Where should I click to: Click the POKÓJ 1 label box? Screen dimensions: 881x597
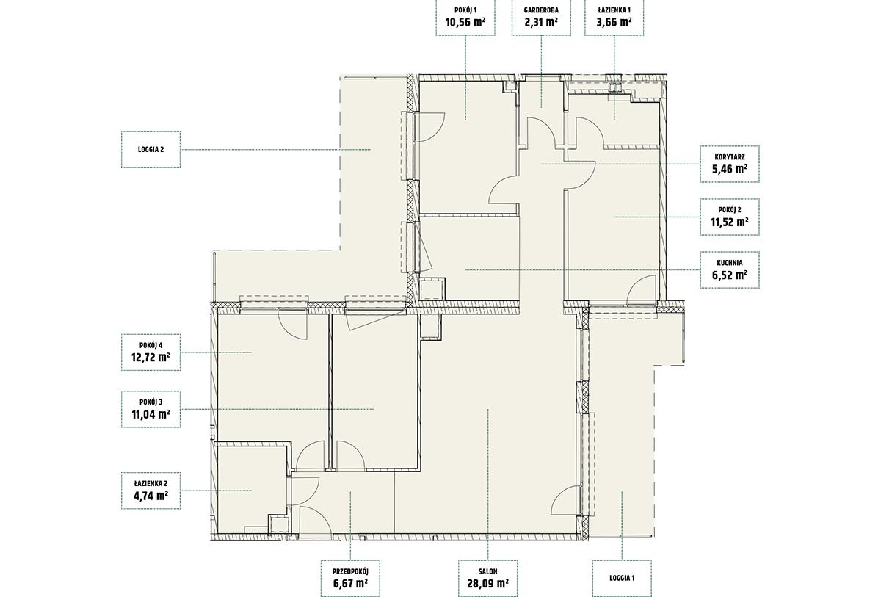[x=465, y=18]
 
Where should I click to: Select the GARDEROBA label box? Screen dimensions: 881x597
[x=541, y=18]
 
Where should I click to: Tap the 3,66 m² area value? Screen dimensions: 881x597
[x=614, y=22]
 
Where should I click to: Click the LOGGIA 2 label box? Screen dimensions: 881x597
[x=151, y=150]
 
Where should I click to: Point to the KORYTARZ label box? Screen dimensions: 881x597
[x=730, y=164]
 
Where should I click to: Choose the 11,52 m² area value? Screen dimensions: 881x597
[x=730, y=222]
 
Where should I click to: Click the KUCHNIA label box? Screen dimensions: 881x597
[x=730, y=269]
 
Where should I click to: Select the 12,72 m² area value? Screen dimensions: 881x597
[x=151, y=358]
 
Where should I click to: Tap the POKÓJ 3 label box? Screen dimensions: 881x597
[x=151, y=409]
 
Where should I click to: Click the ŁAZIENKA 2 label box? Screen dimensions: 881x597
[x=151, y=491]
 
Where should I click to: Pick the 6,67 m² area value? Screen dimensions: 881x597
[x=350, y=583]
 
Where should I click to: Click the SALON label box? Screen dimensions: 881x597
[x=487, y=579]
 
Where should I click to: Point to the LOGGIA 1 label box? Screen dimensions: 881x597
[x=622, y=579]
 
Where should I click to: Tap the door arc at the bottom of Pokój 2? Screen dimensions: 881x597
[x=634, y=283]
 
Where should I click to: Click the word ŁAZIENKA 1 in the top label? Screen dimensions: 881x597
[x=614, y=10]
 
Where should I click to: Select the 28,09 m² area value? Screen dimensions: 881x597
[x=487, y=583]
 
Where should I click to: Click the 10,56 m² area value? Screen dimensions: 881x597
[x=465, y=22]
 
